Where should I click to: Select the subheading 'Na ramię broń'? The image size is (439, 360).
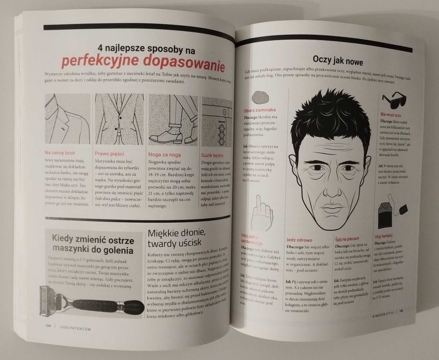click(x=63, y=152)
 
